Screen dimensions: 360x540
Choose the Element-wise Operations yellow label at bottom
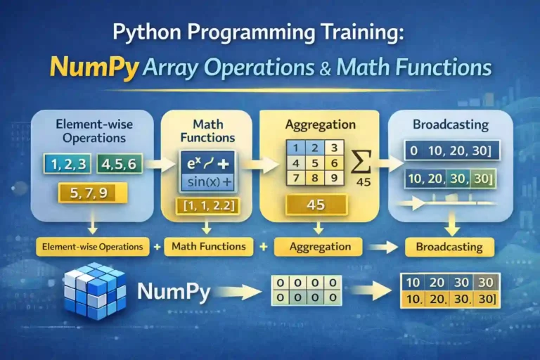92,247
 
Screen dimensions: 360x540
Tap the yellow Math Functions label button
207,246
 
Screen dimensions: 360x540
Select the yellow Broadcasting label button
449,247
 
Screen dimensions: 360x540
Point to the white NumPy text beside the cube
174,292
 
